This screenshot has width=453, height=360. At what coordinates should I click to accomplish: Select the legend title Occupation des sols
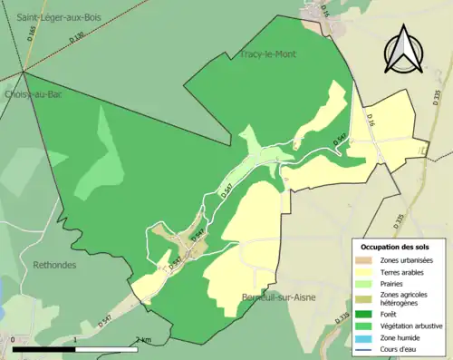397,246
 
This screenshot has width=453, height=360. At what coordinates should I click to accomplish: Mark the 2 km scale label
143,339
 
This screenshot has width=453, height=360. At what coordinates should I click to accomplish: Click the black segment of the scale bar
44,349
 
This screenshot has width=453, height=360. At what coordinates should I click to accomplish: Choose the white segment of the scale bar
108,349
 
